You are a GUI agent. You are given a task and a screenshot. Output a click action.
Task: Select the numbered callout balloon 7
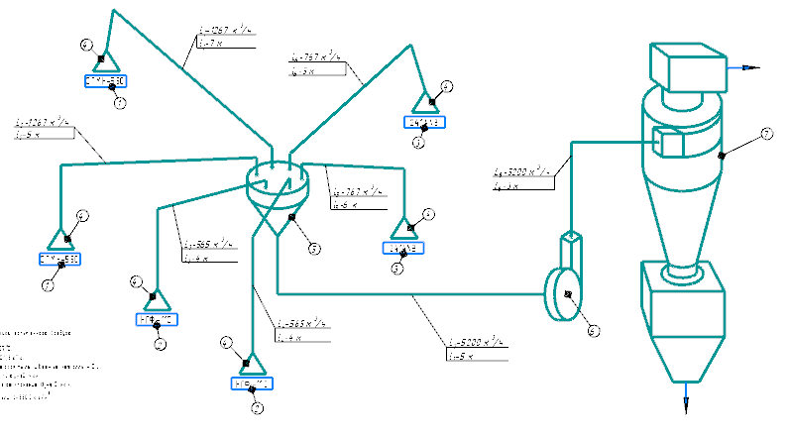click(x=766, y=134)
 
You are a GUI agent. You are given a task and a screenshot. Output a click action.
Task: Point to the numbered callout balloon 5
click(x=313, y=249)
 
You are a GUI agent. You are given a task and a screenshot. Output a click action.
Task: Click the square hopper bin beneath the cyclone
click(x=684, y=317)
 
